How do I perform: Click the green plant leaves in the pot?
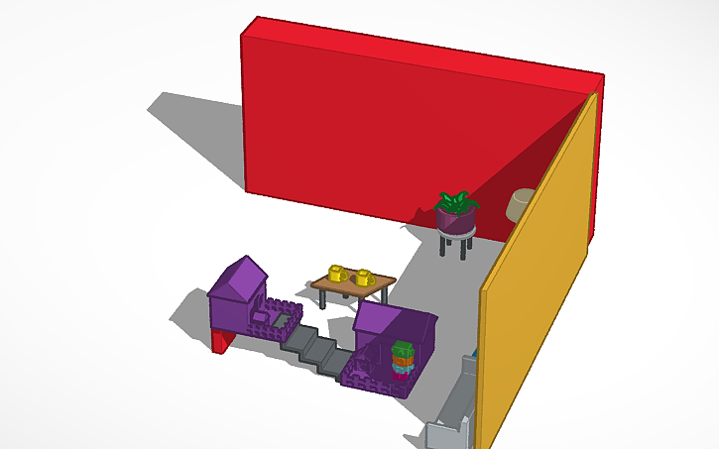click(455, 202)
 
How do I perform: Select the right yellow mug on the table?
click(364, 277)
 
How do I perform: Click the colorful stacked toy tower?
click(402, 361)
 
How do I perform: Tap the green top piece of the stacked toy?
click(402, 349)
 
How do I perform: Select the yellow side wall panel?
click(540, 268)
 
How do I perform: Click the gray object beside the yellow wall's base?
click(452, 416)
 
